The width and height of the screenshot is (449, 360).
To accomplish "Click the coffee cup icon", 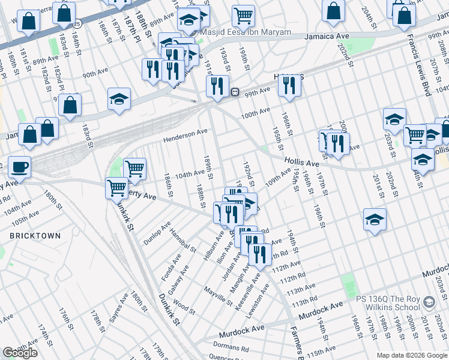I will click(x=19, y=168).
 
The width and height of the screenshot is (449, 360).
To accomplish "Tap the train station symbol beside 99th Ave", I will click(x=235, y=92).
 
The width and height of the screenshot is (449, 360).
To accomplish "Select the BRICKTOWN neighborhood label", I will click(x=35, y=236).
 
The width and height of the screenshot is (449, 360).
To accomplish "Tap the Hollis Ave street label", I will click(x=301, y=163).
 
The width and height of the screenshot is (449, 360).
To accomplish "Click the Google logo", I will click(x=20, y=352).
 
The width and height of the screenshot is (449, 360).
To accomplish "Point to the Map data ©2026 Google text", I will click(x=411, y=355).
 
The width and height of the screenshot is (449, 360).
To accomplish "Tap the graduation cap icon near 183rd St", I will click(x=119, y=99).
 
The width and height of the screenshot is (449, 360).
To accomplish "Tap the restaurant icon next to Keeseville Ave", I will click(x=260, y=254).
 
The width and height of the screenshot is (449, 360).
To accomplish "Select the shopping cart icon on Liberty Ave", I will click(x=116, y=187).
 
